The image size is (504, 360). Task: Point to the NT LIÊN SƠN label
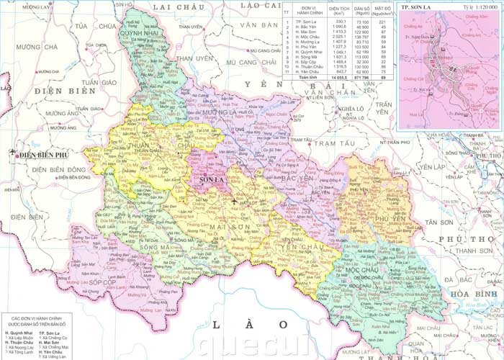(x=321, y=119)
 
